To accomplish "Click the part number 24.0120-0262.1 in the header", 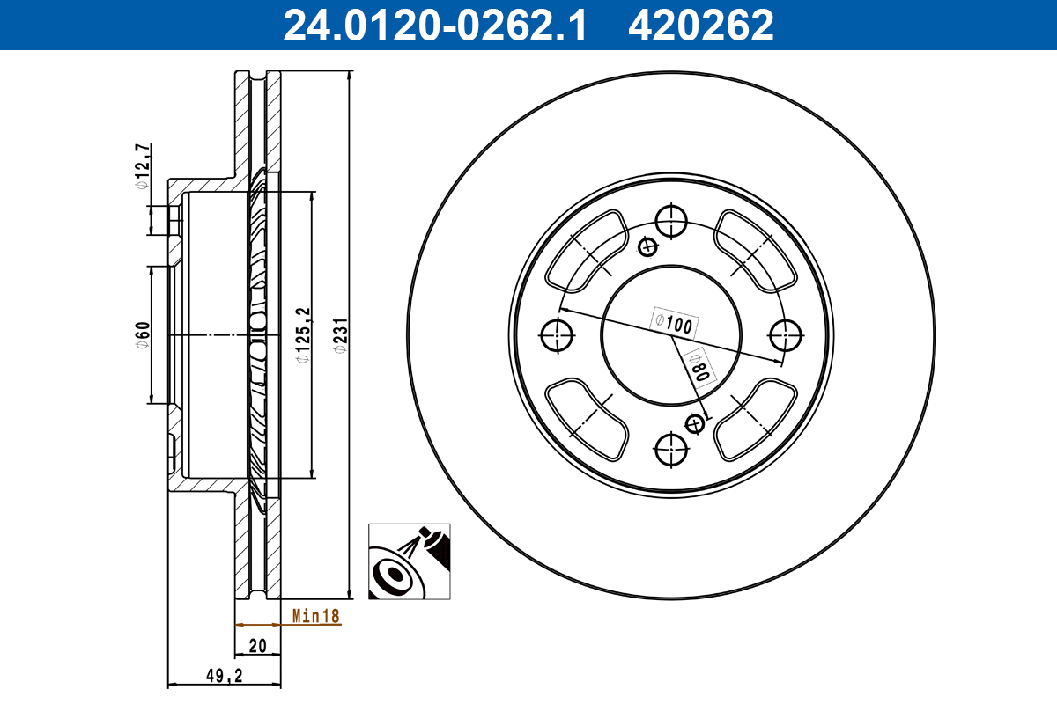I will click(433, 25).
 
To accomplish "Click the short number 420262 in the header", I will click(700, 25).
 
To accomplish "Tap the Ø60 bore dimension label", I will click(142, 336).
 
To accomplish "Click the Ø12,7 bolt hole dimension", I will click(142, 165).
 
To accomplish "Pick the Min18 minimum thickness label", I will click(315, 616).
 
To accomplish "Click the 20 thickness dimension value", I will click(257, 646).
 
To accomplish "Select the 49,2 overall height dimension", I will click(223, 675).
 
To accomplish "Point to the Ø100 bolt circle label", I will click(674, 322).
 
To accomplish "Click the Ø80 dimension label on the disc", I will click(699, 363).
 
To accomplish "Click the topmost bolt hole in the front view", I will click(672, 221).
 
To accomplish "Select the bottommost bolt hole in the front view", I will click(672, 450).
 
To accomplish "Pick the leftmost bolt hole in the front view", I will click(557, 335).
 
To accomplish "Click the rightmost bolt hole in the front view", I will click(786, 335).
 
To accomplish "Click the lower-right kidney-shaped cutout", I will click(756, 420).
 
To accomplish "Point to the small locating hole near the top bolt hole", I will click(649, 246).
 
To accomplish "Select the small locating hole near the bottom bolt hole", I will click(695, 424).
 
